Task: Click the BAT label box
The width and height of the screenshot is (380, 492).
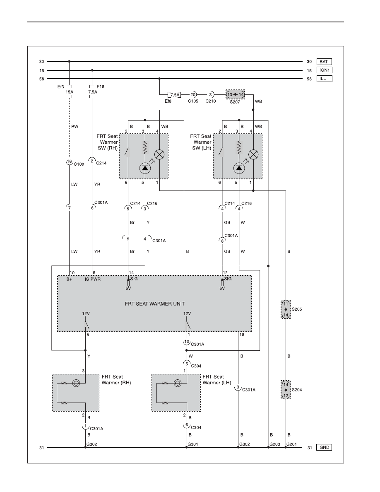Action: (x=324, y=62)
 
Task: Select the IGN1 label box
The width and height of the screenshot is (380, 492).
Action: (x=324, y=70)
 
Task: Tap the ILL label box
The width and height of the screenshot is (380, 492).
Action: (x=324, y=79)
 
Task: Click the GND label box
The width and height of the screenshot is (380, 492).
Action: (x=324, y=447)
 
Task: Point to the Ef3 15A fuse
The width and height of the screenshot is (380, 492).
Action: (x=69, y=92)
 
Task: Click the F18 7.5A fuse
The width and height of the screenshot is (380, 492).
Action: (x=92, y=92)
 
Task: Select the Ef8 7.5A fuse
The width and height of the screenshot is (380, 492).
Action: (x=175, y=95)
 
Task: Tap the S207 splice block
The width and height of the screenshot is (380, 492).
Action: (x=235, y=94)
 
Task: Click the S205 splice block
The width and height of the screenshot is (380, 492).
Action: (x=286, y=309)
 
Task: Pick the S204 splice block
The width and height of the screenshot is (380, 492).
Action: (x=286, y=390)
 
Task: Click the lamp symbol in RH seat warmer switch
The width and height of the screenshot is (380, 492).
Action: (x=159, y=154)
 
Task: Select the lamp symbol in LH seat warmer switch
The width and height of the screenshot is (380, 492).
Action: (x=253, y=154)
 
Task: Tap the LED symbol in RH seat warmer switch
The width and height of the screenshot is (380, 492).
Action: (x=145, y=169)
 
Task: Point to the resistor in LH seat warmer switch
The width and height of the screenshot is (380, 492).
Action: (x=239, y=147)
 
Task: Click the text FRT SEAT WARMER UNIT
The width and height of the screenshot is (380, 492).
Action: (x=155, y=304)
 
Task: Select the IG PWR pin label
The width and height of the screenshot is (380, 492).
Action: (x=93, y=279)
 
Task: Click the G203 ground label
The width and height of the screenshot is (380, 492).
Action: (x=275, y=444)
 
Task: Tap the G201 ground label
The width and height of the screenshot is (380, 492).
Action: (x=291, y=444)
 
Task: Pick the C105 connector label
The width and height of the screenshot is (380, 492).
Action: (x=193, y=101)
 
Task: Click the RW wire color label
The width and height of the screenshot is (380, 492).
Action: (x=75, y=126)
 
